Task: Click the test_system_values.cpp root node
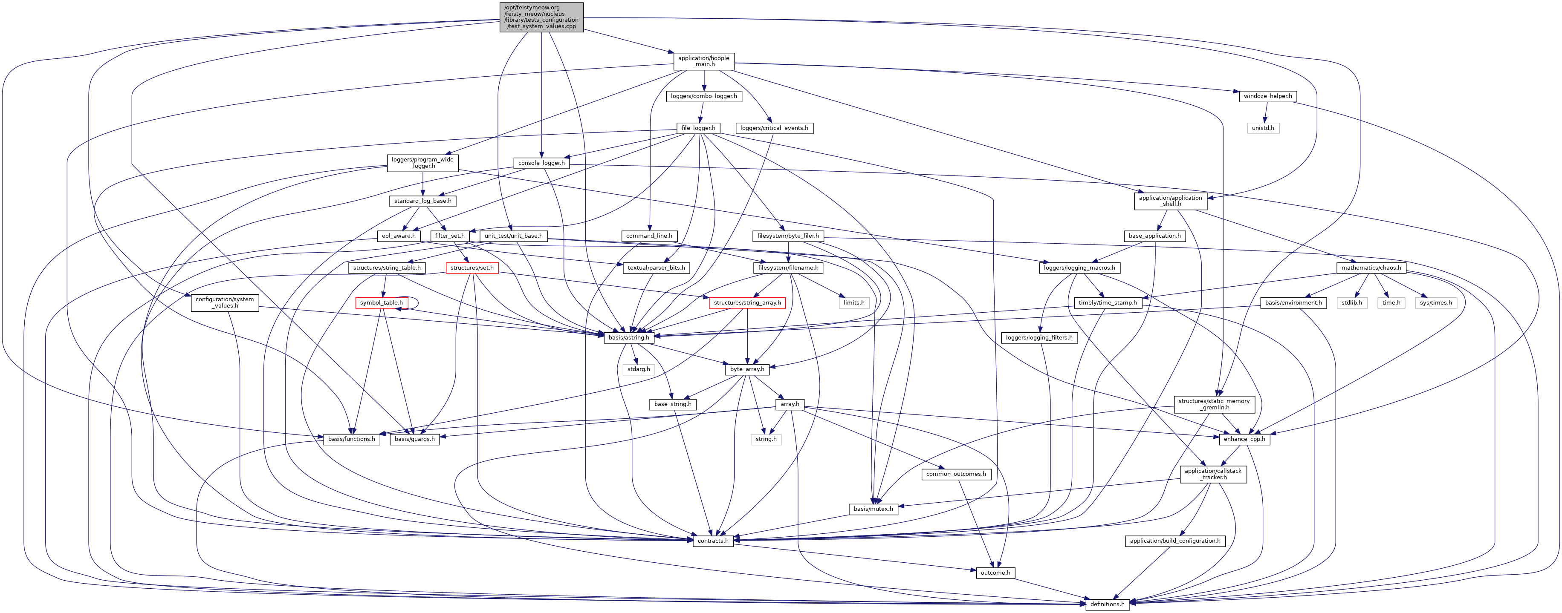click(x=541, y=17)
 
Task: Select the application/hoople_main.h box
click(x=703, y=61)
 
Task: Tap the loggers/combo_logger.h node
click(x=703, y=96)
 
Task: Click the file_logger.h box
click(x=698, y=128)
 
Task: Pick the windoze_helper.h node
click(x=1267, y=96)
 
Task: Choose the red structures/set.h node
click(x=472, y=268)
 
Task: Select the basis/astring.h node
click(x=629, y=337)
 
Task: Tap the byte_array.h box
click(x=747, y=369)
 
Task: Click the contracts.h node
click(x=712, y=541)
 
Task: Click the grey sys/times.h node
click(x=1435, y=303)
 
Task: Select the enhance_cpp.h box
click(x=1243, y=439)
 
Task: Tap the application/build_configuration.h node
click(x=1174, y=541)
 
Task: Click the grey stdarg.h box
click(x=639, y=369)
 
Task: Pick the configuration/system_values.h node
click(x=224, y=302)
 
